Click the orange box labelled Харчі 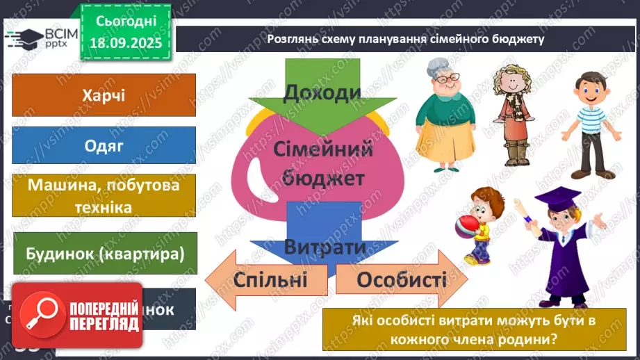coord(104,95)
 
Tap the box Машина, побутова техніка coord(104,195)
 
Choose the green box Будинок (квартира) coord(104,254)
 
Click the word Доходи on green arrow coord(322,92)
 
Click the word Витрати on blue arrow coord(325,247)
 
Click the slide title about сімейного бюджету coord(405,39)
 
